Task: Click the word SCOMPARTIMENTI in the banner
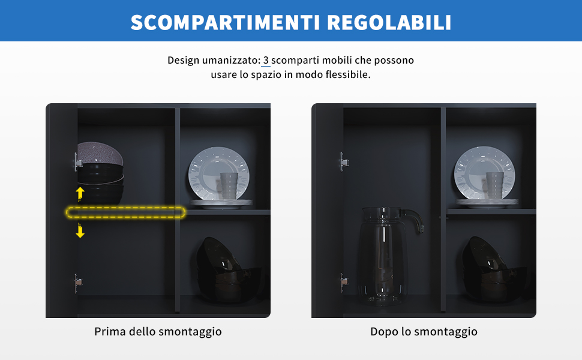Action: coord(226,22)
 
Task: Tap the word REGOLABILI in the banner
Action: coord(389,22)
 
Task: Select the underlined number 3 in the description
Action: coord(266,60)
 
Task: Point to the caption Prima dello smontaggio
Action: coord(158,331)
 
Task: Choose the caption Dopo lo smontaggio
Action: coord(424,331)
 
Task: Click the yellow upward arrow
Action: coord(80,194)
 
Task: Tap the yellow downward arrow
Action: coord(80,230)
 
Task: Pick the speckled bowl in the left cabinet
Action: coord(100,153)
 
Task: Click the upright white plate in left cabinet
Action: coord(219,173)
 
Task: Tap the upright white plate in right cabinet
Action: coord(485,173)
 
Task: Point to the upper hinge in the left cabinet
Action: coord(79,162)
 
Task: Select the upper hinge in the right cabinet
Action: coord(344,162)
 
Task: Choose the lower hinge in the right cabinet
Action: coord(344,283)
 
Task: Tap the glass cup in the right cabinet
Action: coord(494,185)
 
